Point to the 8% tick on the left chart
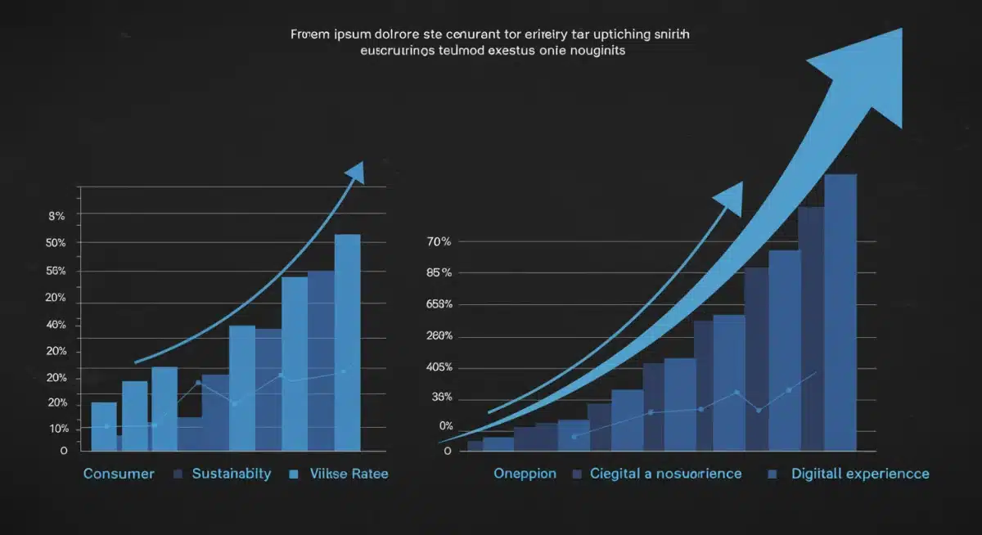click(56, 217)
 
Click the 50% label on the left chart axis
click(56, 244)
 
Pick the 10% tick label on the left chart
click(58, 429)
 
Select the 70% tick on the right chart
click(439, 242)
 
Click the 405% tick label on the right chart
click(439, 367)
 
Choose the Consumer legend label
click(119, 474)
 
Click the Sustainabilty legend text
click(231, 474)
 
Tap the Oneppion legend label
click(525, 474)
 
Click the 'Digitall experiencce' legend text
click(860, 474)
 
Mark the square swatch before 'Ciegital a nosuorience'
click(576, 474)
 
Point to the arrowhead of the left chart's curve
click(355, 172)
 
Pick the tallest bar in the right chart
click(840, 311)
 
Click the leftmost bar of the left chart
click(103, 425)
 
